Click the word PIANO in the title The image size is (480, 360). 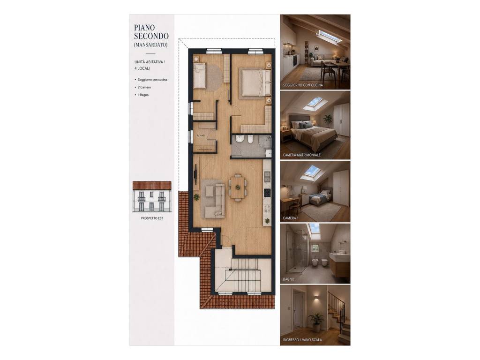pyautogui.click(x=144, y=28)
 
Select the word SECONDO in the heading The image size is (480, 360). pyautogui.click(x=151, y=36)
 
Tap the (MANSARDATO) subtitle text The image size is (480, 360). pyautogui.click(x=150, y=45)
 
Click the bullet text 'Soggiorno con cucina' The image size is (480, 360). pyautogui.click(x=152, y=80)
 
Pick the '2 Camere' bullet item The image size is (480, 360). pyautogui.click(x=144, y=87)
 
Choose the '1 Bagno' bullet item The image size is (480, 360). pyautogui.click(x=143, y=95)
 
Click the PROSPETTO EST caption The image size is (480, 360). pyautogui.click(x=152, y=218)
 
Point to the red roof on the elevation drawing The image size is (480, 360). pyautogui.click(x=152, y=185)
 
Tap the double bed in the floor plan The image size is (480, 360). pyautogui.click(x=256, y=82)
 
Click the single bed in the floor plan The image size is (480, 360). pyautogui.click(x=201, y=75)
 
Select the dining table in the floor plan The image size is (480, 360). pyautogui.click(x=237, y=187)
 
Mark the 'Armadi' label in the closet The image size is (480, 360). pyautogui.click(x=201, y=135)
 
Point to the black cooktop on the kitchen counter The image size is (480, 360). pyautogui.click(x=267, y=193)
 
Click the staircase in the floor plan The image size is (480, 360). pyautogui.click(x=243, y=274)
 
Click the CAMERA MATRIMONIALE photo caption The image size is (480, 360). pyautogui.click(x=302, y=155)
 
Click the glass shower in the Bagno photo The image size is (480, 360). pyautogui.click(x=296, y=251)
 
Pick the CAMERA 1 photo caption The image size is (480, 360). pyautogui.click(x=291, y=218)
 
